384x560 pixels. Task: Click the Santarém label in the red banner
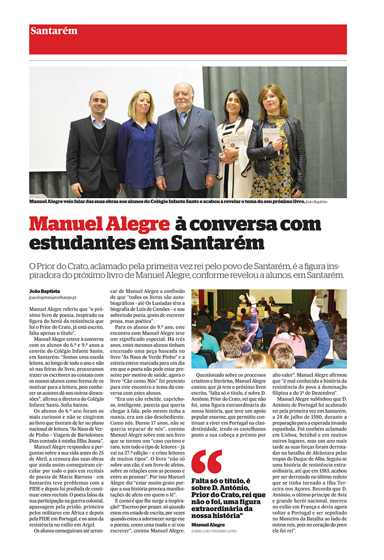click(x=54, y=31)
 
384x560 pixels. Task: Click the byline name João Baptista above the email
click(x=45, y=291)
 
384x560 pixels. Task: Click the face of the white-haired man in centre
click(x=184, y=95)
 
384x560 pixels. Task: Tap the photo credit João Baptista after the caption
click(x=317, y=202)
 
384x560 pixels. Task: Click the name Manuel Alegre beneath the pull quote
click(x=208, y=524)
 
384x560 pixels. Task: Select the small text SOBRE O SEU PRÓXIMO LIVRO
click(x=214, y=531)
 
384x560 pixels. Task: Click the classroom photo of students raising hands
click(x=269, y=329)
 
